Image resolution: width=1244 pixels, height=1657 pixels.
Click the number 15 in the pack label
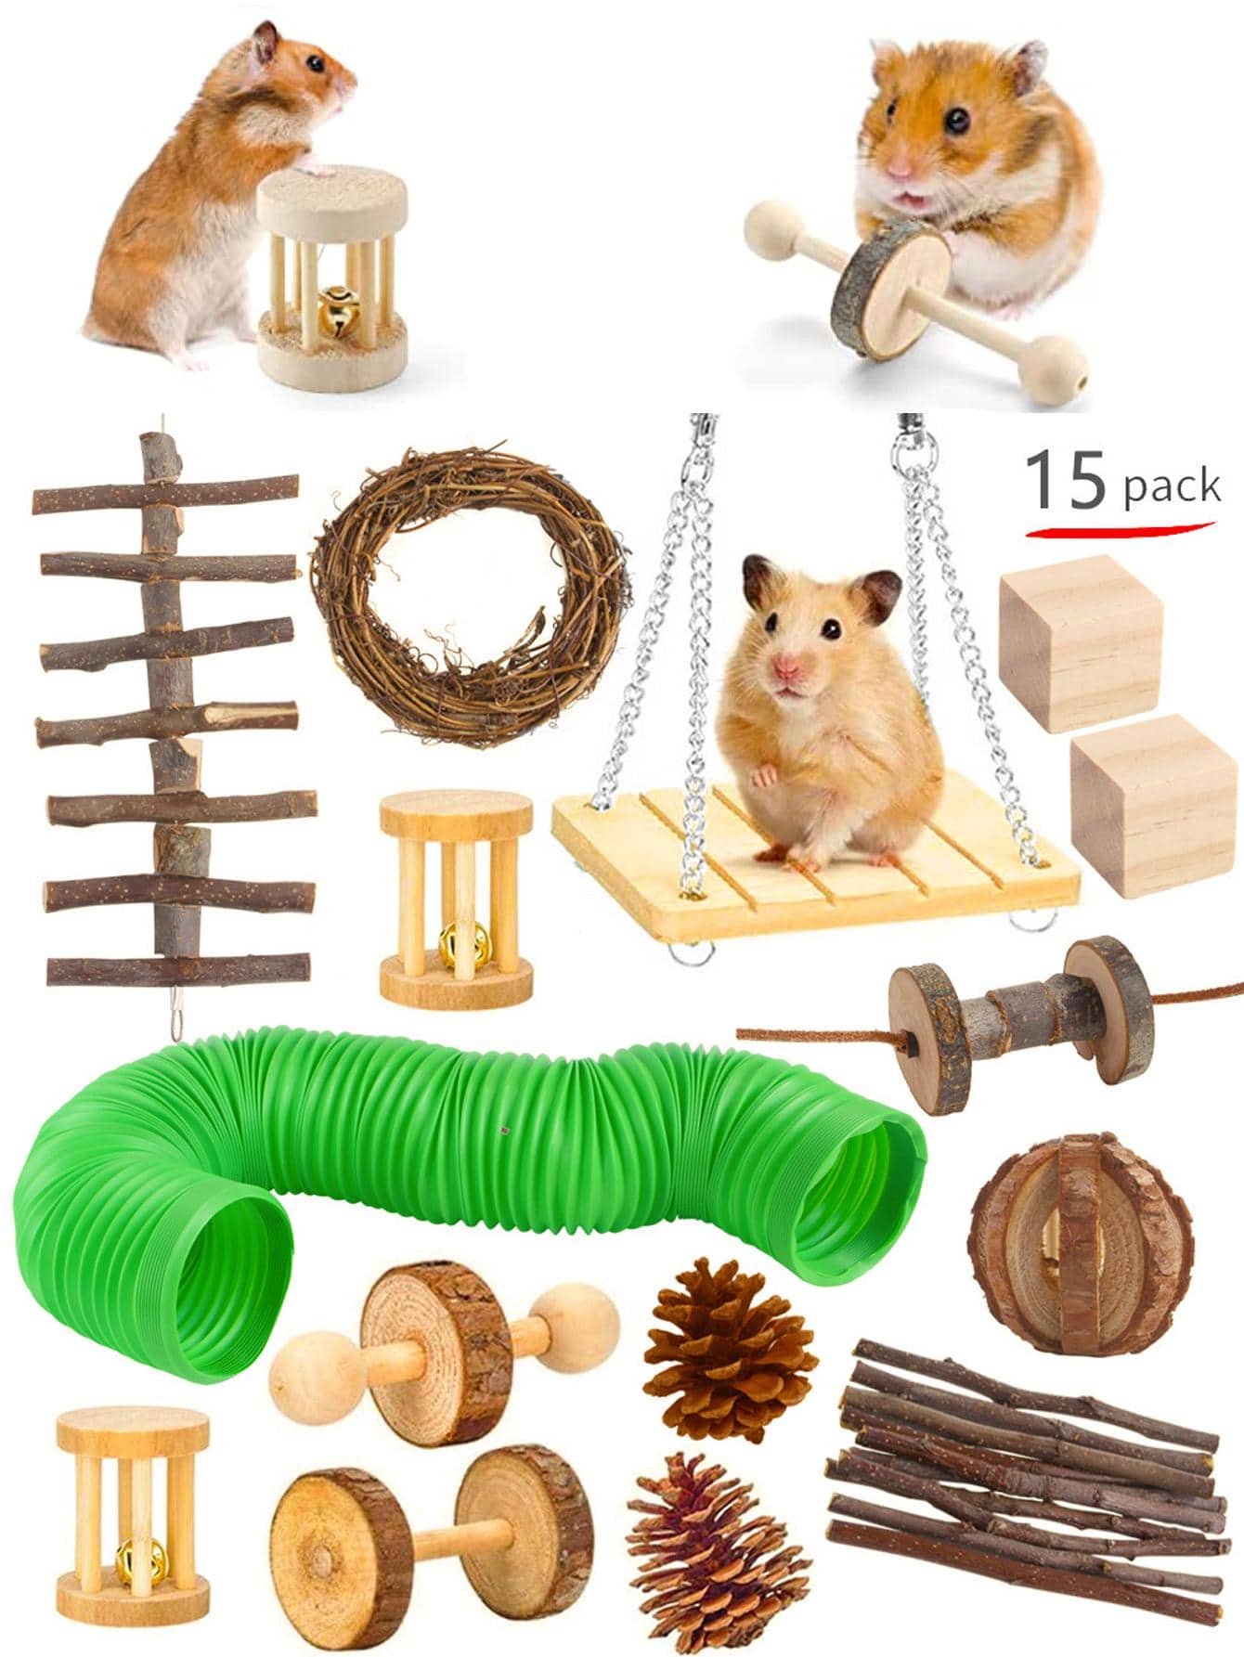[1066, 480]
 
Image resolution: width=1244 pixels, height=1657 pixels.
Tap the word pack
[1172, 486]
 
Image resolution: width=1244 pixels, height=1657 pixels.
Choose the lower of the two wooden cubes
[1152, 805]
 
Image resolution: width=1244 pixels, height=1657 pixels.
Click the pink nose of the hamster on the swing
[787, 666]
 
